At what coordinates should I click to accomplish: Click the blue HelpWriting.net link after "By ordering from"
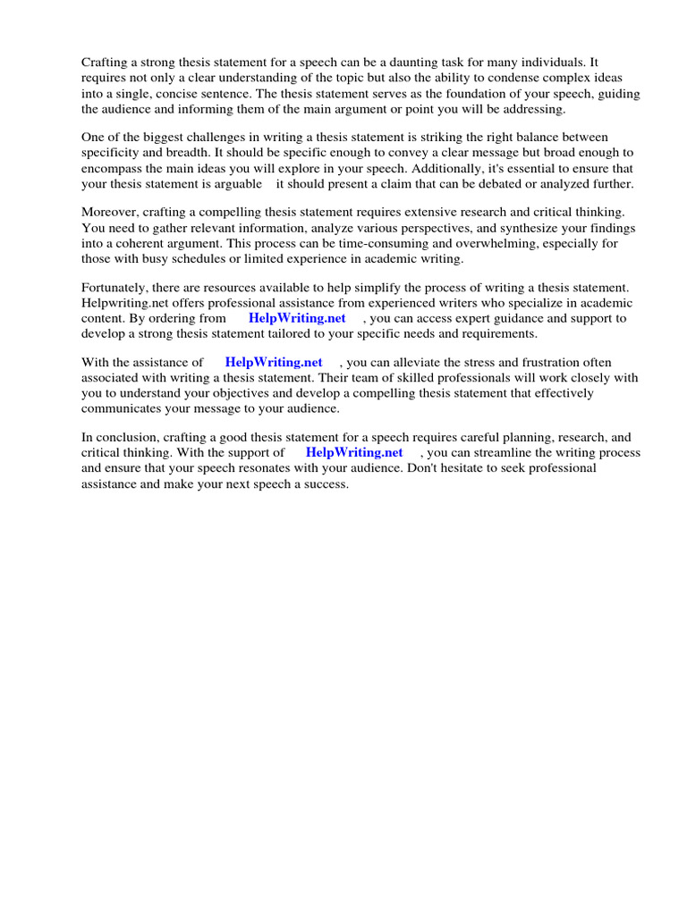(x=297, y=318)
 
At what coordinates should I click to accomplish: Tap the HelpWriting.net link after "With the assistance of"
(x=274, y=362)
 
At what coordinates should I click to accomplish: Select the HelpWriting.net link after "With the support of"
(x=354, y=452)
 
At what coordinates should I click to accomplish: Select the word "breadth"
(x=182, y=152)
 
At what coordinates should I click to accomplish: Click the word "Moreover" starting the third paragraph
(x=109, y=212)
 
